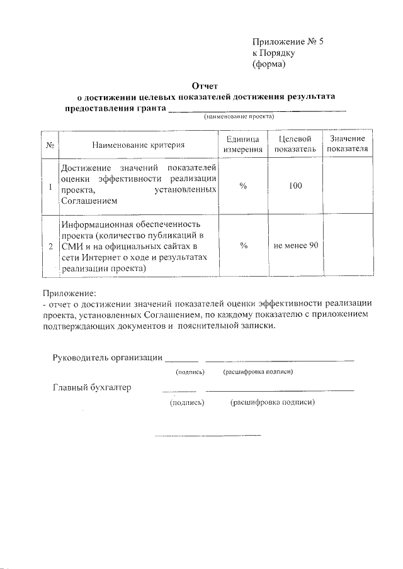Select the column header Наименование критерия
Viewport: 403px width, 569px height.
click(138, 145)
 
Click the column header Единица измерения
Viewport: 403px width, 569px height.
click(242, 145)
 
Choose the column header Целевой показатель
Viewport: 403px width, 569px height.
click(295, 145)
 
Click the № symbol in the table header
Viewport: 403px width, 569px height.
click(50, 145)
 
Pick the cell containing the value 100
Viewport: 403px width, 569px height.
click(295, 186)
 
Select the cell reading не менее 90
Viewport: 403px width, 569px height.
click(295, 245)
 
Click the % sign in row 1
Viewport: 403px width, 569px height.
click(242, 186)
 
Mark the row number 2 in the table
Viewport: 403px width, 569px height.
click(50, 246)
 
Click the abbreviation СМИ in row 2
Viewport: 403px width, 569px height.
click(70, 246)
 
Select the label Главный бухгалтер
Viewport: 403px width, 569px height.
click(91, 387)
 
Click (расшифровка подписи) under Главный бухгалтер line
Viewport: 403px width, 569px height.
click(272, 402)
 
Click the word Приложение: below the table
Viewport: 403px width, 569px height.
click(70, 293)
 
